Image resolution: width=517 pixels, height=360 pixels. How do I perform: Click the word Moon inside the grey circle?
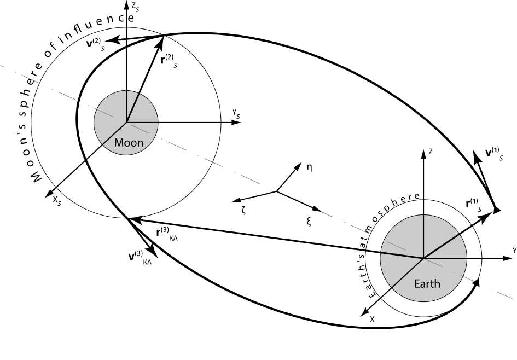(x=129, y=143)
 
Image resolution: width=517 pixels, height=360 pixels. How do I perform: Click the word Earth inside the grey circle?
(x=427, y=284)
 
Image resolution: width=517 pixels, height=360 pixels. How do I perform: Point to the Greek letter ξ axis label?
(x=308, y=222)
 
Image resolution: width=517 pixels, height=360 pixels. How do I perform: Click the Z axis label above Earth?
(x=431, y=152)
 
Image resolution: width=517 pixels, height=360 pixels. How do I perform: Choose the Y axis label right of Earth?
(x=514, y=250)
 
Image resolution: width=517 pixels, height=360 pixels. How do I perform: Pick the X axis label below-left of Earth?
(x=372, y=318)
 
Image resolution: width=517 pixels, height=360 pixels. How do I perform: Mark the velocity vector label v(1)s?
(x=493, y=152)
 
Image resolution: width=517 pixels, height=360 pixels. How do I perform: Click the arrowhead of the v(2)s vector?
(x=109, y=39)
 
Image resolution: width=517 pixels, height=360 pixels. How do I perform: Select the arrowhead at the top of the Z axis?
(x=423, y=151)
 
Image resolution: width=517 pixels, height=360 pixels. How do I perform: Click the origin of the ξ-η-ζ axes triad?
(x=277, y=191)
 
